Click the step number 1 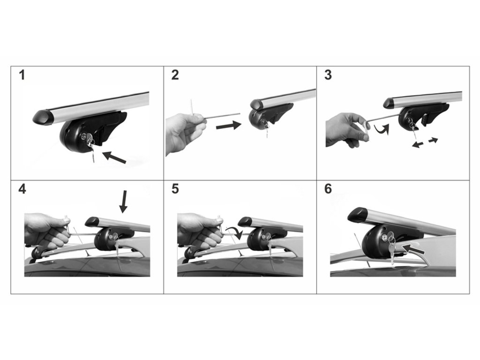coord(22,75)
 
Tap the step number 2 coord(175,75)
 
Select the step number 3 coord(328,75)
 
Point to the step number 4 coord(22,189)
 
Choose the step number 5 coord(175,189)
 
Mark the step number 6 coord(328,189)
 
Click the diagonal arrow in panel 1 coord(114,157)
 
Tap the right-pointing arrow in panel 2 coord(229,125)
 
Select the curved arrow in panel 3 coord(382,130)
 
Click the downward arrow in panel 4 coord(123,202)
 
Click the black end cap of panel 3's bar coord(390,103)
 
